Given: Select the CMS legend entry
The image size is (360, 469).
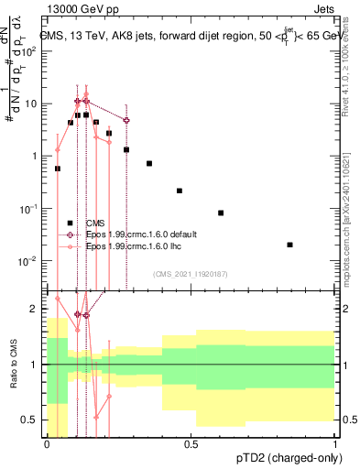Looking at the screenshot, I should pos(95,223).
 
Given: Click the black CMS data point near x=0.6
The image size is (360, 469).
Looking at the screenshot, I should pos(221,213).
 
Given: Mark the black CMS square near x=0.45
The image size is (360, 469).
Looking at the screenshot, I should pos(180,191).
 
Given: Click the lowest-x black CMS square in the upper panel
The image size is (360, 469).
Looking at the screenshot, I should pos(58,169).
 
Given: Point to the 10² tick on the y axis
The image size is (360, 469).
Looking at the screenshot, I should pos(32,51).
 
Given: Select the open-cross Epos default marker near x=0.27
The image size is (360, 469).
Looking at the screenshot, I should pos(126,120).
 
